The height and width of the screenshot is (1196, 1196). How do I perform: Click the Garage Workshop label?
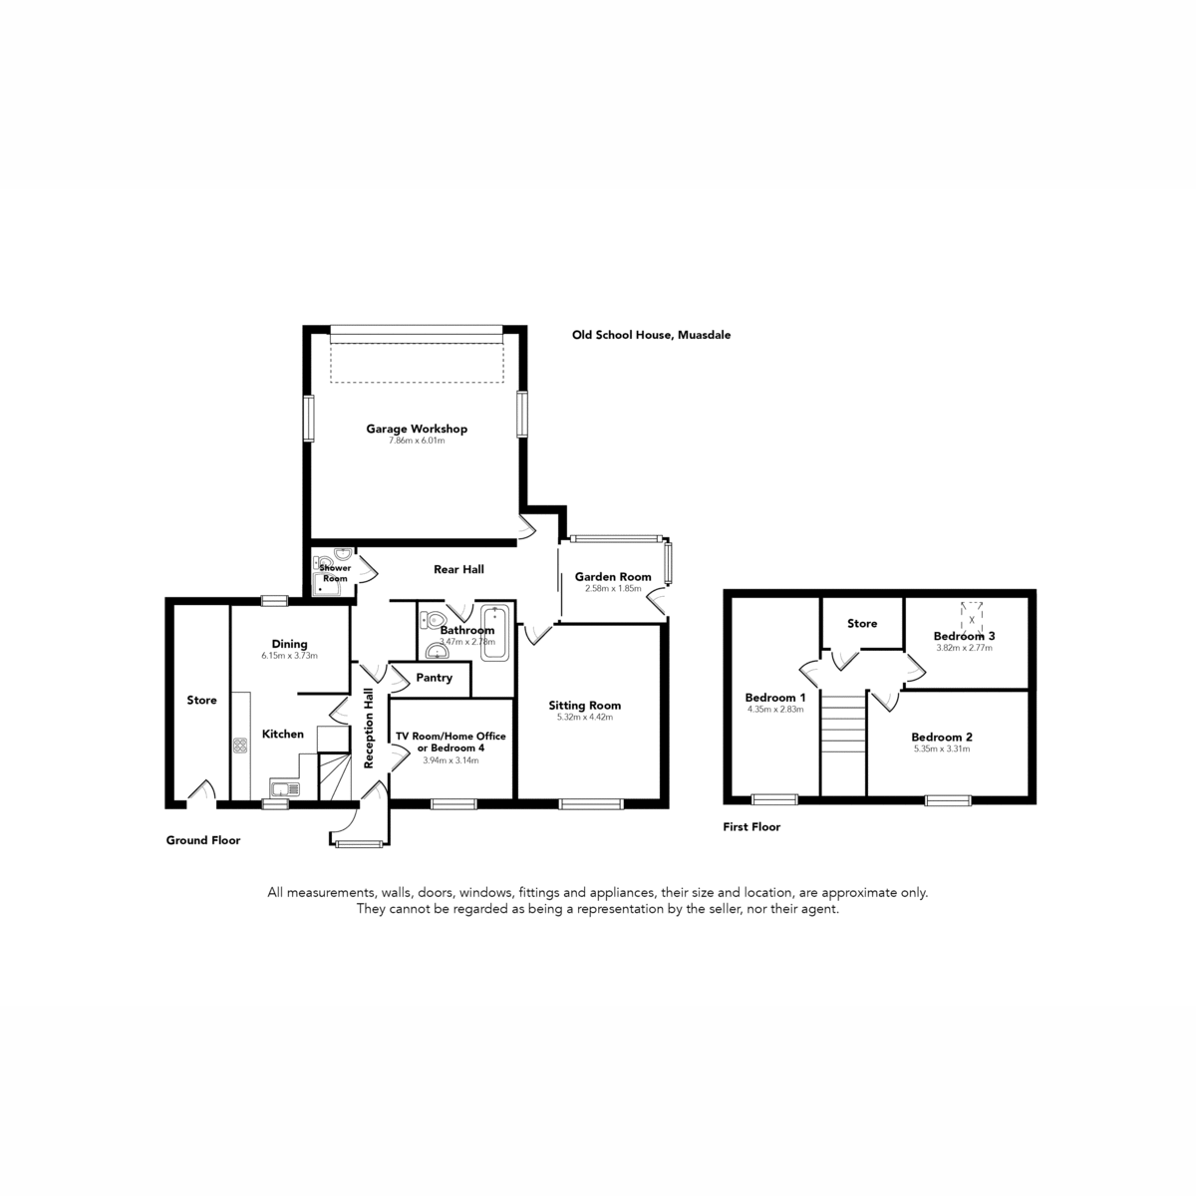click(417, 429)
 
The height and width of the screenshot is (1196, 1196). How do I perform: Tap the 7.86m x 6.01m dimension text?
click(417, 441)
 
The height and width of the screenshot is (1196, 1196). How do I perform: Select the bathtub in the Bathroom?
click(494, 633)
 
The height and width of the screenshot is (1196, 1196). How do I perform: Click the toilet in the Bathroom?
click(434, 619)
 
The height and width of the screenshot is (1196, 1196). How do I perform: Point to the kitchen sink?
click(285, 788)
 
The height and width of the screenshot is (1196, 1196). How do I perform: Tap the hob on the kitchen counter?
click(240, 745)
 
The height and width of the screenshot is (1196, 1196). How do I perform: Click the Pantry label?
click(434, 677)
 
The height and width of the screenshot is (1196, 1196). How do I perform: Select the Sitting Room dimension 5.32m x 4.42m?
click(585, 717)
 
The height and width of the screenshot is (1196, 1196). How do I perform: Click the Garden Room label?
click(613, 577)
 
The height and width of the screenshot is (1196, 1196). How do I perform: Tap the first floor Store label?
click(862, 623)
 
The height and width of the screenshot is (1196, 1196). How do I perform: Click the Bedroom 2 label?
click(942, 737)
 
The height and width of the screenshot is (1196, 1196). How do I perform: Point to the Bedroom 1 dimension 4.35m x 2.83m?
click(775, 709)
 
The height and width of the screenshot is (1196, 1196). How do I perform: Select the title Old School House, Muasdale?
click(651, 335)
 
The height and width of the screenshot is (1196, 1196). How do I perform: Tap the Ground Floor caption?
click(203, 840)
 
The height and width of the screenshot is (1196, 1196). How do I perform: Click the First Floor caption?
click(751, 826)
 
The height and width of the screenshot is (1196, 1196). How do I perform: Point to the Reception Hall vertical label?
click(369, 728)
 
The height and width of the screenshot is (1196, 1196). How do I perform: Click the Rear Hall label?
click(458, 569)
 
